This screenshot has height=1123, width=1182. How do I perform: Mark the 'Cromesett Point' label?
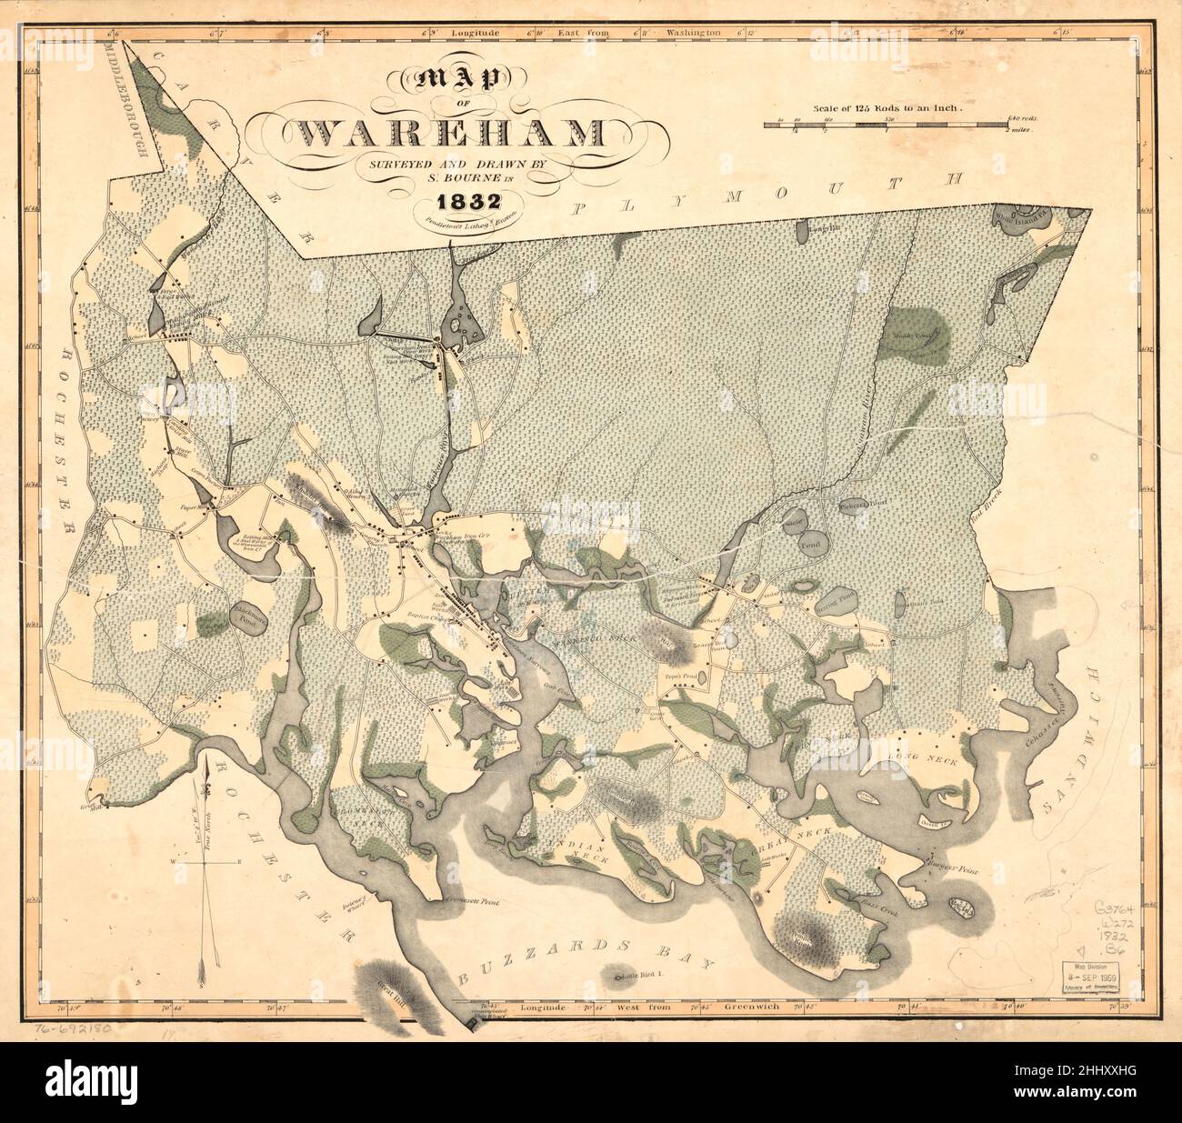[474, 899]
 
